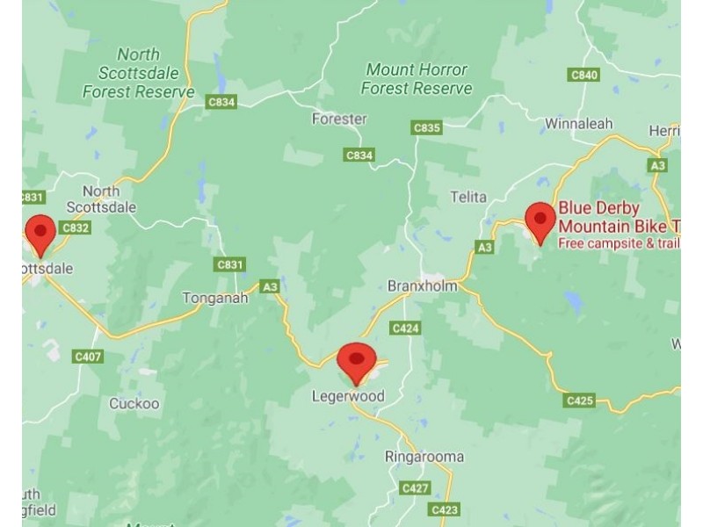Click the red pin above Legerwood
click(356, 361)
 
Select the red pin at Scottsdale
click(40, 233)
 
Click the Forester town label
click(339, 119)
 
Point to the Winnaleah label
click(577, 124)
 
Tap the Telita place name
click(467, 197)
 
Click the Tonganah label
click(214, 298)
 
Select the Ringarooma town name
click(424, 457)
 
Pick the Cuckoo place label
click(134, 404)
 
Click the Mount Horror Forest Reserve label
click(417, 79)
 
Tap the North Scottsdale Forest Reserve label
click(139, 73)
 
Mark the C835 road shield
click(426, 128)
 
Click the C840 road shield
click(584, 75)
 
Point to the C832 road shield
click(76, 227)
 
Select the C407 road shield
click(88, 357)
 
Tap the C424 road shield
click(405, 328)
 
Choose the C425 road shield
click(579, 401)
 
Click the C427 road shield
click(415, 487)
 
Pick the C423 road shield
click(445, 509)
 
